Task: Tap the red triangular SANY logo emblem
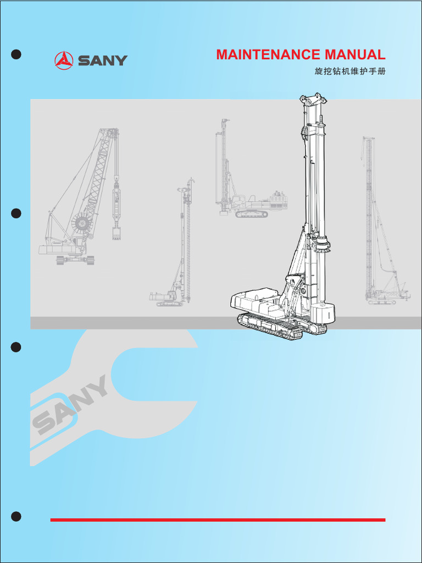[64, 60]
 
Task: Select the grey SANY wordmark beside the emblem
[102, 60]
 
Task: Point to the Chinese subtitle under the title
[346, 72]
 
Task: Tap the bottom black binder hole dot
[16, 516]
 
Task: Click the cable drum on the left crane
[82, 223]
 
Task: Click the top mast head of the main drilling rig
[312, 101]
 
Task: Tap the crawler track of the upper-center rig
[252, 214]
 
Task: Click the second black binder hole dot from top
[16, 213]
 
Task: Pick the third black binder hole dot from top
[16, 347]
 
